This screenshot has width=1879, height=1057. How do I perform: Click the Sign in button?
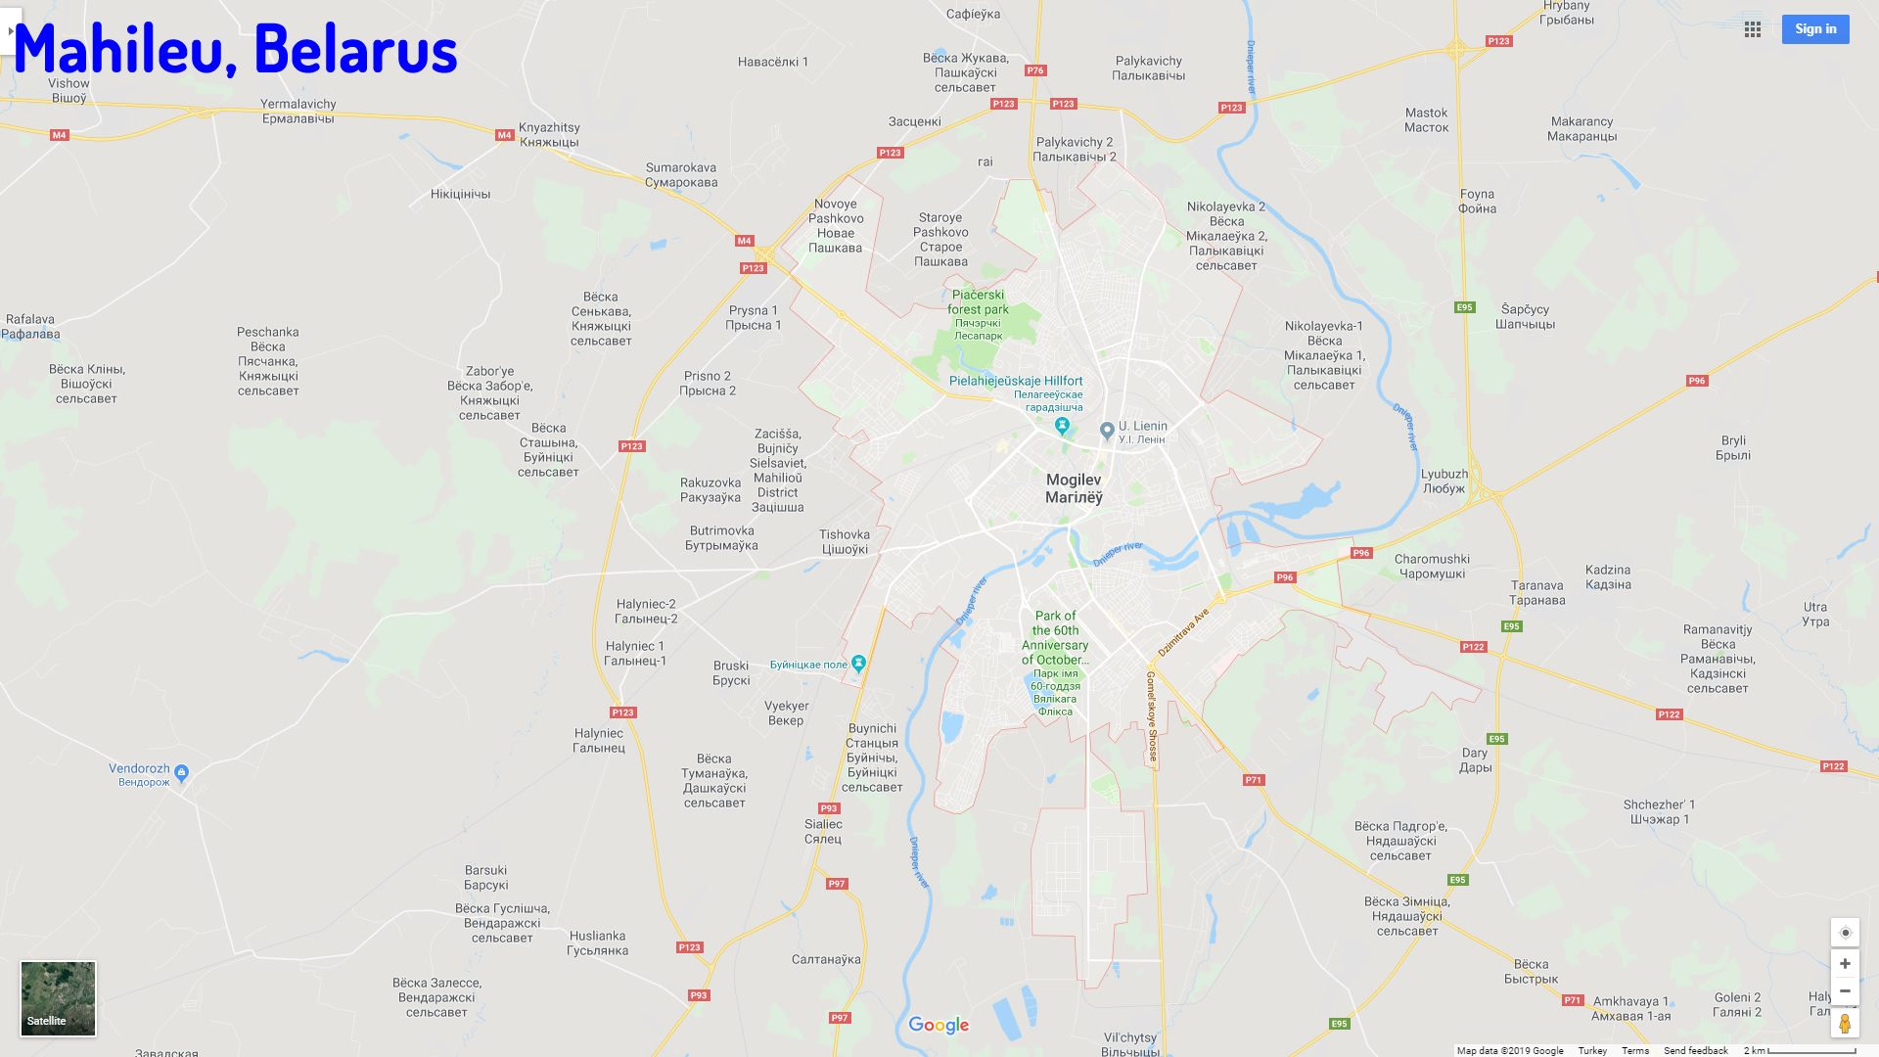tap(1814, 29)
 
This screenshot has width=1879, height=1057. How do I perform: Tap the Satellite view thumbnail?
tap(58, 997)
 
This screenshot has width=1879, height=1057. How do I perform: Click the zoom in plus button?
tap(1845, 963)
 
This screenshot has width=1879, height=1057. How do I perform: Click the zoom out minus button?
tap(1845, 990)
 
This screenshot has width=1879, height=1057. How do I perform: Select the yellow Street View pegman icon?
tap(1845, 1024)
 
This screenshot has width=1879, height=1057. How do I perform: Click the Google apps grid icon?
tap(1753, 29)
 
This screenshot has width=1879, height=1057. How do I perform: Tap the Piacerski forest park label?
tap(978, 302)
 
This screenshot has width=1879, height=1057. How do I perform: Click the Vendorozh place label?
tap(140, 769)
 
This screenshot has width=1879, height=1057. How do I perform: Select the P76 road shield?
tap(1035, 70)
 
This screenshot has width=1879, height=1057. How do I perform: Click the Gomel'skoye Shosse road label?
tap(1152, 716)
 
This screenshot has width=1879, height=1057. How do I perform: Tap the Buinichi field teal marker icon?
tap(858, 664)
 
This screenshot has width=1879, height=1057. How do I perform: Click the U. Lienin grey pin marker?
tap(1107, 430)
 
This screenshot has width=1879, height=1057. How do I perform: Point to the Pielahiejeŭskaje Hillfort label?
tap(1016, 381)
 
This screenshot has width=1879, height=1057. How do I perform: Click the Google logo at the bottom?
tap(939, 1025)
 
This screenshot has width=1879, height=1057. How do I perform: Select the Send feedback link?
tap(1695, 1050)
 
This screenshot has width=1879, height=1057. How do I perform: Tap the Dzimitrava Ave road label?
tap(1183, 631)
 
